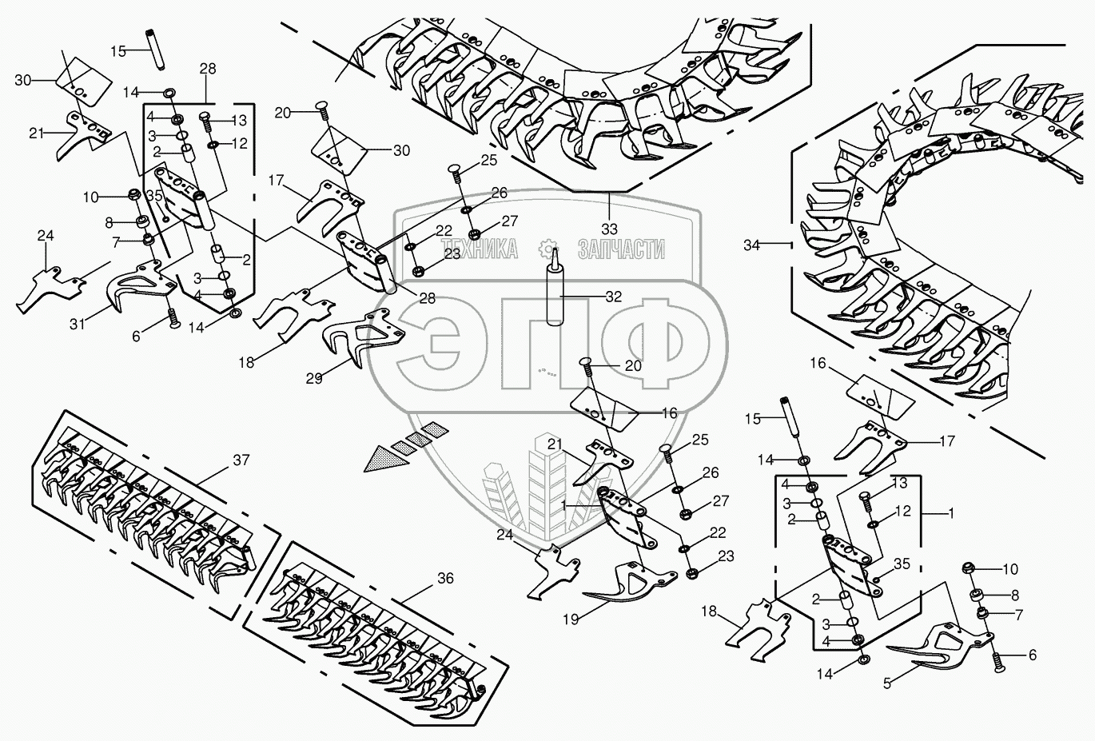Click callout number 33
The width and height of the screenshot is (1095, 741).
[609, 229]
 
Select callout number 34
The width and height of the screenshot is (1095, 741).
[751, 245]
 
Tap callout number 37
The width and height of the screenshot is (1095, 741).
[241, 460]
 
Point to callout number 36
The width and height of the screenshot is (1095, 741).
[445, 579]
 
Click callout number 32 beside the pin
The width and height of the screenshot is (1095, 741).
[613, 297]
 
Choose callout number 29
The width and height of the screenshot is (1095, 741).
[314, 378]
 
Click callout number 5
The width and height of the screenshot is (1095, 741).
[887, 684]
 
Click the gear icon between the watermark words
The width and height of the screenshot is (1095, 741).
[549, 248]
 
